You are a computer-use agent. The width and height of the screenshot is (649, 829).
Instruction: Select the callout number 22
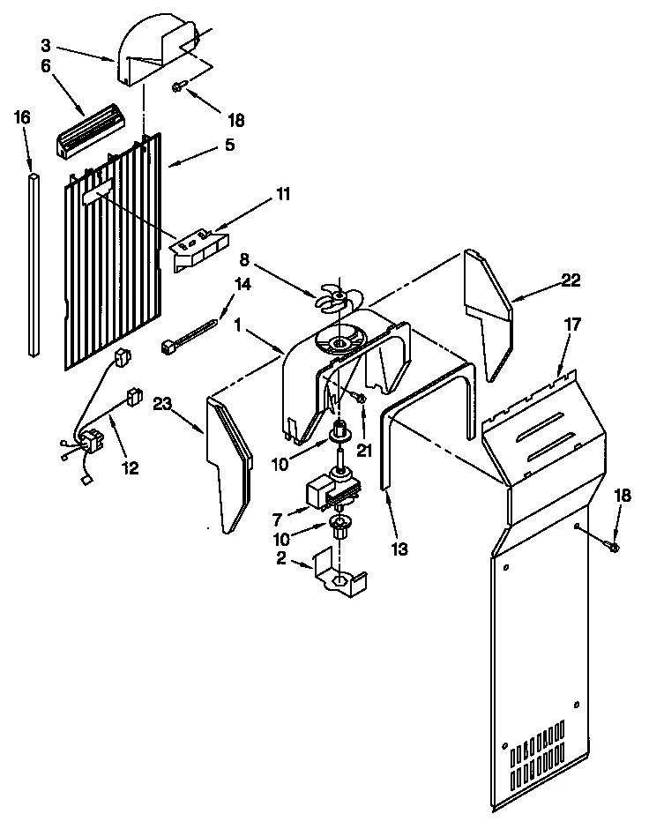[x=571, y=280]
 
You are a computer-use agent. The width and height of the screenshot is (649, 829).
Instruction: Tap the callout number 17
[x=573, y=325]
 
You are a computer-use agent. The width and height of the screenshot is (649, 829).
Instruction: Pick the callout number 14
[x=241, y=284]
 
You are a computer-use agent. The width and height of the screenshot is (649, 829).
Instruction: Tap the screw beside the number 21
[x=361, y=399]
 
